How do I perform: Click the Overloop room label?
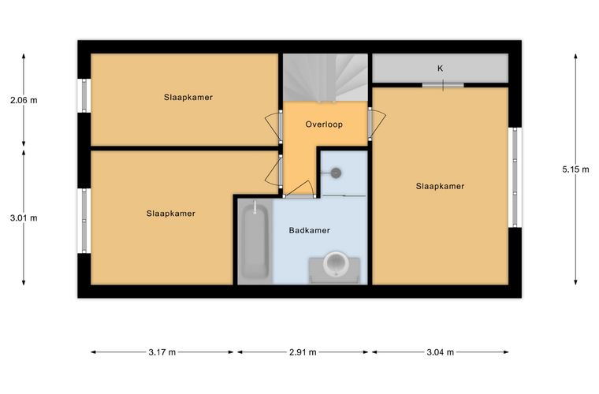[x=324, y=125]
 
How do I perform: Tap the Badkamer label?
[x=309, y=230]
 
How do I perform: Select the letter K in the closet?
[x=440, y=69]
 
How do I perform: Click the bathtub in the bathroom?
[x=255, y=241]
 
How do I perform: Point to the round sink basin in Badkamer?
[x=336, y=263]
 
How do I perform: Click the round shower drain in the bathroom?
[x=336, y=173]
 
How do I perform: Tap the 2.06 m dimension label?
[x=24, y=100]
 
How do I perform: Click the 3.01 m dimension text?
[x=24, y=218]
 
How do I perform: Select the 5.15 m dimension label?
[x=575, y=169]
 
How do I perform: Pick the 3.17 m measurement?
[x=162, y=352]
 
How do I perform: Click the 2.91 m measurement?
[x=303, y=352]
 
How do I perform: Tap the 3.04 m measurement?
[x=440, y=352]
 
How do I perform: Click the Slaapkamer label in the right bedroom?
[x=440, y=186]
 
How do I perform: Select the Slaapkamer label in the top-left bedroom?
[x=188, y=97]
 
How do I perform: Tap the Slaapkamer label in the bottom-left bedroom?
[x=171, y=214]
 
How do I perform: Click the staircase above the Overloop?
[x=325, y=77]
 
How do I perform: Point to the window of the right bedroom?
[x=515, y=177]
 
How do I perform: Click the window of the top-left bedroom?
[x=84, y=95]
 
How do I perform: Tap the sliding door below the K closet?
[x=443, y=85]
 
